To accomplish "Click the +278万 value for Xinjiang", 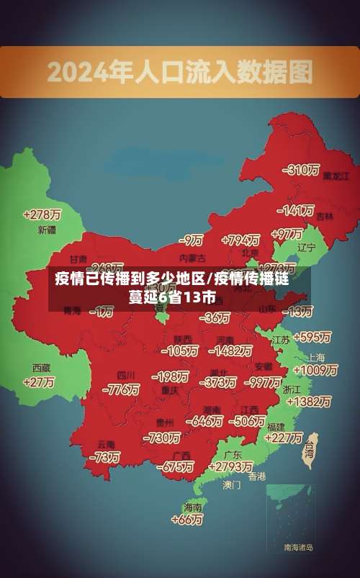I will (x=42, y=215).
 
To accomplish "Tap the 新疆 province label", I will (x=47, y=230).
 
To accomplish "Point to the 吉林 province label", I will (x=325, y=215).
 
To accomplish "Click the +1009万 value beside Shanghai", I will (x=316, y=370).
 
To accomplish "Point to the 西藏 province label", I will (x=41, y=367).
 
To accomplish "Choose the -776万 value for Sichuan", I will (x=120, y=389).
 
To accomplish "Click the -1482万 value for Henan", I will (x=230, y=351).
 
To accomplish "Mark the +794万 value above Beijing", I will (x=240, y=240).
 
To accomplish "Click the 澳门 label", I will (x=232, y=485).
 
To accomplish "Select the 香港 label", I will (x=257, y=477).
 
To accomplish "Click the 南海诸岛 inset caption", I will (x=298, y=547).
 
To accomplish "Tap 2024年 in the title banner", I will (x=74, y=72).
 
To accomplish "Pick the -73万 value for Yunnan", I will (x=106, y=457).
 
